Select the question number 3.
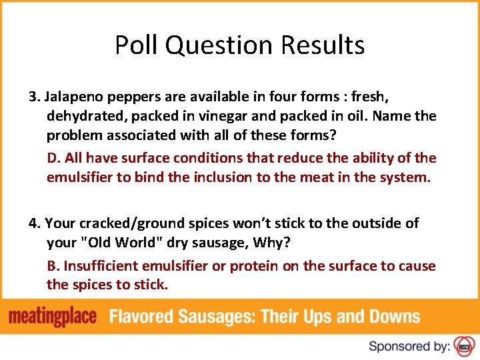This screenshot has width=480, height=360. coord(33,97)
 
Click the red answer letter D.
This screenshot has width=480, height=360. coord(53,158)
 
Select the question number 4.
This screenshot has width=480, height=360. coord(33,223)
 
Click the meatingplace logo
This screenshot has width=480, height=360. coord(53,317)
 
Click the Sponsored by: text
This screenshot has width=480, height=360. coord(409,346)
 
